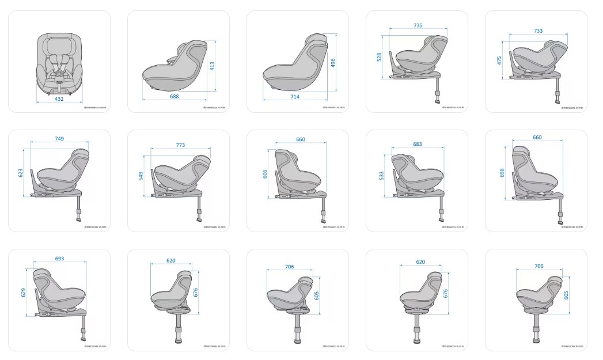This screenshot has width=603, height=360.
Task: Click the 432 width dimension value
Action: (59, 99)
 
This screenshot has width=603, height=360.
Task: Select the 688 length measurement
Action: (174, 96)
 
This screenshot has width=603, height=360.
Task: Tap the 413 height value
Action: (212, 66)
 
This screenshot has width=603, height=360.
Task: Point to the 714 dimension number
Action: (295, 96)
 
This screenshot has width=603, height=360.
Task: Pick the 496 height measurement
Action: (333, 63)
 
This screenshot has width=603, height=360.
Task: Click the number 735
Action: (418, 25)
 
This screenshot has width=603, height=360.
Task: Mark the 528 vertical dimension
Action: (380, 56)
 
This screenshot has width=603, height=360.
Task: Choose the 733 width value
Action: (538, 31)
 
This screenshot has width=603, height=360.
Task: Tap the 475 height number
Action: (499, 60)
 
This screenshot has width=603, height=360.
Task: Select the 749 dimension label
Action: (59, 138)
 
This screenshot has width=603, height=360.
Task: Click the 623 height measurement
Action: (21, 172)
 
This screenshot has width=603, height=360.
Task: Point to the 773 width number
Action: (180, 145)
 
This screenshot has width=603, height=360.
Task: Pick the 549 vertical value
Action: (141, 176)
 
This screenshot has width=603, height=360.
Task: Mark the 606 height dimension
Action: (266, 174)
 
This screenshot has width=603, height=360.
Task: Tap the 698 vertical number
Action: (502, 172)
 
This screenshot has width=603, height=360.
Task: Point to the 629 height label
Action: (24, 292)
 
